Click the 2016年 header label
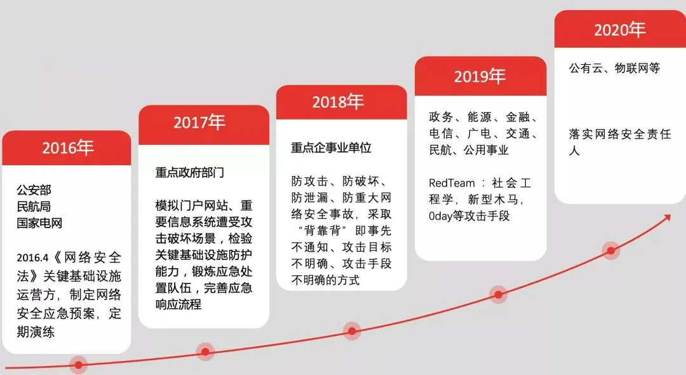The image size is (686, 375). coord(68,148)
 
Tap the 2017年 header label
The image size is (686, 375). coord(199,122)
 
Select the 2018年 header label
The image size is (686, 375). coord(338,102)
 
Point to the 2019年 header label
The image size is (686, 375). coord(480,76)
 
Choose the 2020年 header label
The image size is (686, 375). coord(619,30)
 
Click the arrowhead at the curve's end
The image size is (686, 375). coord(667,217)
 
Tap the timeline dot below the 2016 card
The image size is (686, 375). coord(78,364)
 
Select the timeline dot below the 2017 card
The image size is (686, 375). coord(205,351)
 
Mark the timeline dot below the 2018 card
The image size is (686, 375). coord(352,331)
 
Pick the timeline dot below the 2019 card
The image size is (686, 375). coord(499,294)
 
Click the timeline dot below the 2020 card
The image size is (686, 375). coord(611,250)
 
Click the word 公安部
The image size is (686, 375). coord(34,190)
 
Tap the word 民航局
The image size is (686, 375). coord(34,207)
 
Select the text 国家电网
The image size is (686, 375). coord(39,223)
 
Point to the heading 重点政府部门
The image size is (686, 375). coord(189,172)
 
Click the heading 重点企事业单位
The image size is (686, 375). coord(331,147)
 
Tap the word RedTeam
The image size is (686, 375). coord(452,183)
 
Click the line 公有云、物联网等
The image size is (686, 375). coord(614,68)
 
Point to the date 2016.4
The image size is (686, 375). coord(32,257)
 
